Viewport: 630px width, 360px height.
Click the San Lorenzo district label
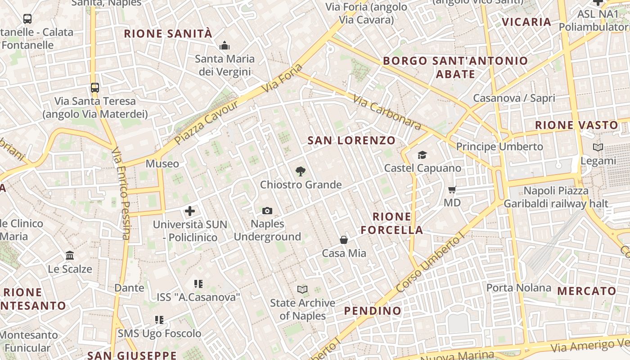[351, 140]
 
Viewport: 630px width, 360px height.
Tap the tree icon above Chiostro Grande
[300, 171]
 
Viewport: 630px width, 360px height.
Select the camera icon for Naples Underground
[267, 211]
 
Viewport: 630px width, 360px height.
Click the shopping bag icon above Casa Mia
[344, 240]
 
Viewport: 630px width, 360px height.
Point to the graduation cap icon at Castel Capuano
[422, 155]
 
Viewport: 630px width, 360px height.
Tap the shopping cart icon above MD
[452, 190]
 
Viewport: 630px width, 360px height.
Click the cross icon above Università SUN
[190, 211]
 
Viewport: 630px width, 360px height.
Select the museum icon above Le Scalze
[70, 256]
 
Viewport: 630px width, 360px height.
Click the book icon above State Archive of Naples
[302, 289]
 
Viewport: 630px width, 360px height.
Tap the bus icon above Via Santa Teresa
[94, 87]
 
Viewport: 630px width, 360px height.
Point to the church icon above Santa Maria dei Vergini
[224, 45]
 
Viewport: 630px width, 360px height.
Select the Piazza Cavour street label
[206, 122]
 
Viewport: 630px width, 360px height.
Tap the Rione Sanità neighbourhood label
[168, 34]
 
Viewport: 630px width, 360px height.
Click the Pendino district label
[373, 311]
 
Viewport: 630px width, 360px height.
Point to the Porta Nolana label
[518, 288]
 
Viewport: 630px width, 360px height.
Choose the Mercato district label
[586, 291]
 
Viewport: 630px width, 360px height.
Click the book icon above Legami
[598, 147]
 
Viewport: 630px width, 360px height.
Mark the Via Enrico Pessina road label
[121, 193]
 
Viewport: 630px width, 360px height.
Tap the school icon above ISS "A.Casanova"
[198, 283]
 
